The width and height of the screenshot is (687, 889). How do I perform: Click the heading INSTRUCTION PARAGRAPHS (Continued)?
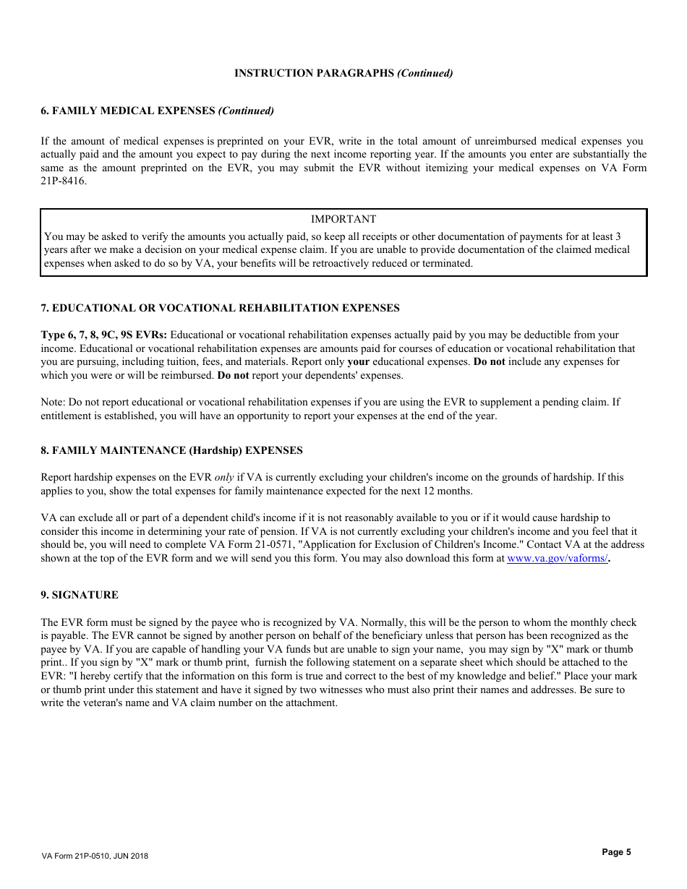[x=343, y=73]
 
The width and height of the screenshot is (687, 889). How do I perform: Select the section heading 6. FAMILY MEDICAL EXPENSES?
[x=157, y=111]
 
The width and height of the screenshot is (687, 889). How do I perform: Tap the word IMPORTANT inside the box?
[x=343, y=219]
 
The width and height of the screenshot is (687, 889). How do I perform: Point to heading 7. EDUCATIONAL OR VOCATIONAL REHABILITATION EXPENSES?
[x=220, y=308]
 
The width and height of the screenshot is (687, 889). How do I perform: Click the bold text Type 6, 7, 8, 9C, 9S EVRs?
[x=103, y=335]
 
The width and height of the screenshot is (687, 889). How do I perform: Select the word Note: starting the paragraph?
[x=53, y=402]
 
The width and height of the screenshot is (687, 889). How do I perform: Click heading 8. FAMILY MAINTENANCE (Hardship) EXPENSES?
[x=171, y=450]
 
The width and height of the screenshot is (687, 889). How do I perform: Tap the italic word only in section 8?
[x=224, y=477]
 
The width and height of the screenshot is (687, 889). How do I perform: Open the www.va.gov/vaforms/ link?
[x=557, y=558]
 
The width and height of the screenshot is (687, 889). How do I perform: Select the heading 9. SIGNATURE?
[x=80, y=595]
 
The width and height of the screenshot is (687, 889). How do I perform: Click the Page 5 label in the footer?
[x=616, y=852]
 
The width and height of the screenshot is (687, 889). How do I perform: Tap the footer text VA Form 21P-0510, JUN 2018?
[x=95, y=856]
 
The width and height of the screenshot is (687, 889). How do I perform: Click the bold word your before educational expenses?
[x=359, y=361]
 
